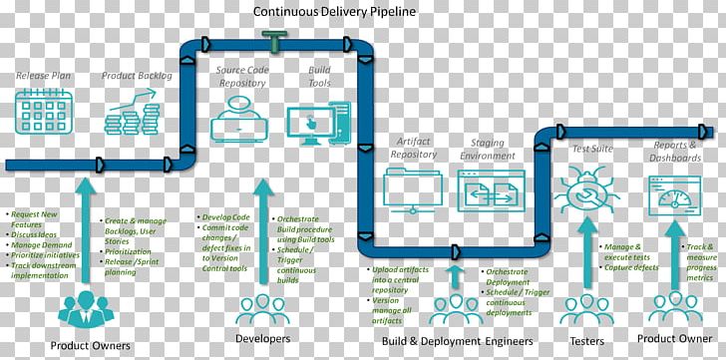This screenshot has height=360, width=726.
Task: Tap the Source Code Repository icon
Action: (x=241, y=123)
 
